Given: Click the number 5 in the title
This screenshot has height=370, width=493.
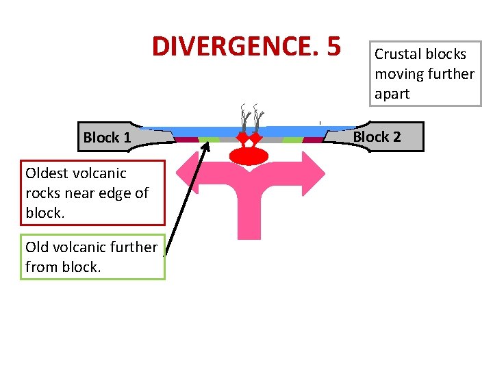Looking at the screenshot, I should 333,47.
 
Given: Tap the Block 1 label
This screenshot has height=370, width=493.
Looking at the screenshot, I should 107,138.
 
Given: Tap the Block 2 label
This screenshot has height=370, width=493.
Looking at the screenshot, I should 376,137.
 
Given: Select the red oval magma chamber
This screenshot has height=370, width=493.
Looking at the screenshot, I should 249,157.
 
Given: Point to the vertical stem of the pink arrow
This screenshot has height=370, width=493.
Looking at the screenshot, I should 249,212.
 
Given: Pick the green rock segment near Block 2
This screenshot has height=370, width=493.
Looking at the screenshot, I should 292,140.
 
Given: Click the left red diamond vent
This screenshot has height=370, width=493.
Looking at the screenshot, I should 241,140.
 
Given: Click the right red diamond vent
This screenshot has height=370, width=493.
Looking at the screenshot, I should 256,140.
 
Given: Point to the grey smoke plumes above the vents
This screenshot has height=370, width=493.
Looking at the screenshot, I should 250,118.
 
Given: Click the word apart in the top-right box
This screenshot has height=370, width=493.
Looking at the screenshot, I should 392,94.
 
